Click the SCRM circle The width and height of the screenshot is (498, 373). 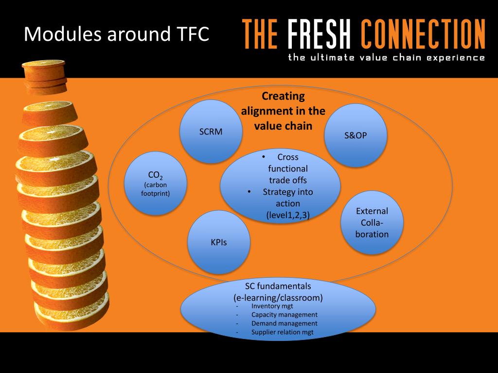[211, 131]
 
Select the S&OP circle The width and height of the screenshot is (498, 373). [356, 136]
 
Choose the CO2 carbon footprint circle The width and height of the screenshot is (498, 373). [156, 184]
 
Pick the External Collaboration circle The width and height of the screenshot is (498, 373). [372, 222]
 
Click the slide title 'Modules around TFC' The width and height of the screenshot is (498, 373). [117, 34]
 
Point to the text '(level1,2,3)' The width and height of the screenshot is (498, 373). [288, 215]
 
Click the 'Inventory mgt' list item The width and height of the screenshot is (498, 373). [272, 306]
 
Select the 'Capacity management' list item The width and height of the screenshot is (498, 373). [284, 315]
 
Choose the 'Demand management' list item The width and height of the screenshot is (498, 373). [284, 323]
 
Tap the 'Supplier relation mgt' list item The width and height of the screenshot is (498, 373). [282, 332]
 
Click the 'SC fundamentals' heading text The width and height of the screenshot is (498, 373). [278, 287]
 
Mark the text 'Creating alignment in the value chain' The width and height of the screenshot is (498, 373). [283, 111]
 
